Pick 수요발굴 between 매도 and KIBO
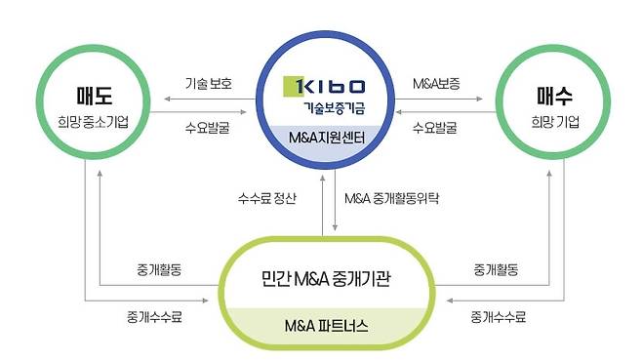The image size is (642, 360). coord(207,126)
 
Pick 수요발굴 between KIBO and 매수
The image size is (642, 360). coord(435,126)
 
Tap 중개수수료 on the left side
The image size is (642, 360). coord(153,316)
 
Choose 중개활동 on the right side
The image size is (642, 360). coord(495,266)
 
